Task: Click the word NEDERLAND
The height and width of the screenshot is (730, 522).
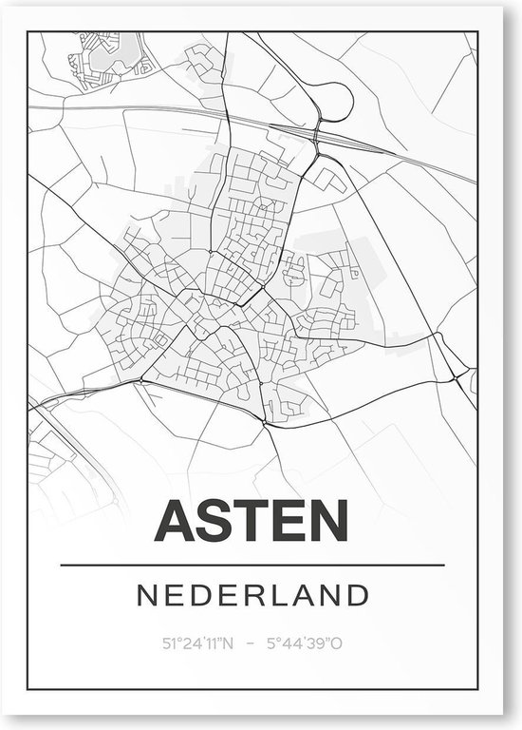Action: [x=252, y=596]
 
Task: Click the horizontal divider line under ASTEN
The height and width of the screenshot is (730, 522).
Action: [x=252, y=566]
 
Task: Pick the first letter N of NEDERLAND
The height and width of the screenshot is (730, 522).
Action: [x=145, y=596]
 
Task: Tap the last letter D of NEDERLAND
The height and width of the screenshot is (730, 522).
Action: [x=358, y=596]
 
